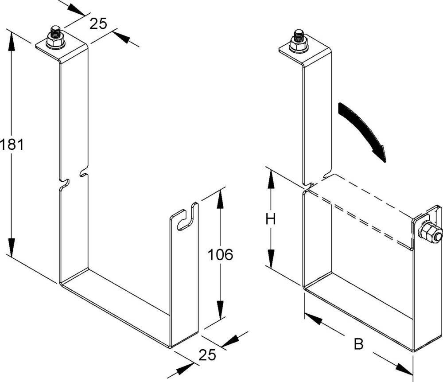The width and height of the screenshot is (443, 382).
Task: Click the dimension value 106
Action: pyautogui.click(x=221, y=255)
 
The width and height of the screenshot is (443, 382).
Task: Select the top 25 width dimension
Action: pyautogui.click(x=98, y=23)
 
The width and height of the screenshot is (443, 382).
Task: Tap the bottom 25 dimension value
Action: pyautogui.click(x=207, y=355)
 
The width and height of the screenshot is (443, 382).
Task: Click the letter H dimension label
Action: pyautogui.click(x=271, y=219)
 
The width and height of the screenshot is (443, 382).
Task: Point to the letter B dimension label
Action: pyautogui.click(x=358, y=344)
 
